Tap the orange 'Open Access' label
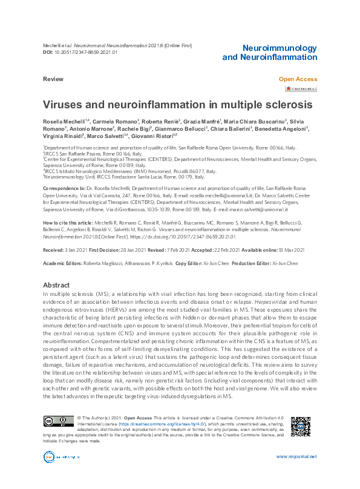(x=297, y=79)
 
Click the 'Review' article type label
(x=53, y=79)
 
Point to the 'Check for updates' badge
(x=301, y=89)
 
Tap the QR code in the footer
(x=301, y=427)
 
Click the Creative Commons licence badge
(x=57, y=422)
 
